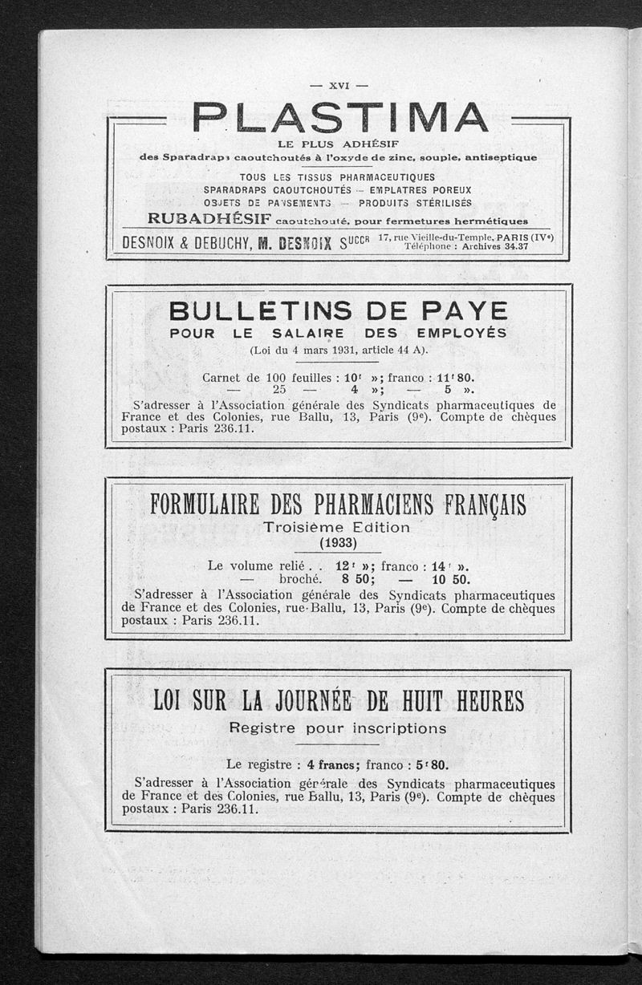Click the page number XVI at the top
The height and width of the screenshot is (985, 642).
(338, 85)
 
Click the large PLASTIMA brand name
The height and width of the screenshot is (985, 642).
(339, 119)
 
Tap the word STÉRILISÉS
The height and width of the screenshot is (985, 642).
(432, 204)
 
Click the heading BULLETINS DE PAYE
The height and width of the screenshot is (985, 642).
(339, 311)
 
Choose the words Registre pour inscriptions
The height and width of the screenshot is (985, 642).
(338, 728)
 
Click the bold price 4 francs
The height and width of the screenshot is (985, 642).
(336, 764)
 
